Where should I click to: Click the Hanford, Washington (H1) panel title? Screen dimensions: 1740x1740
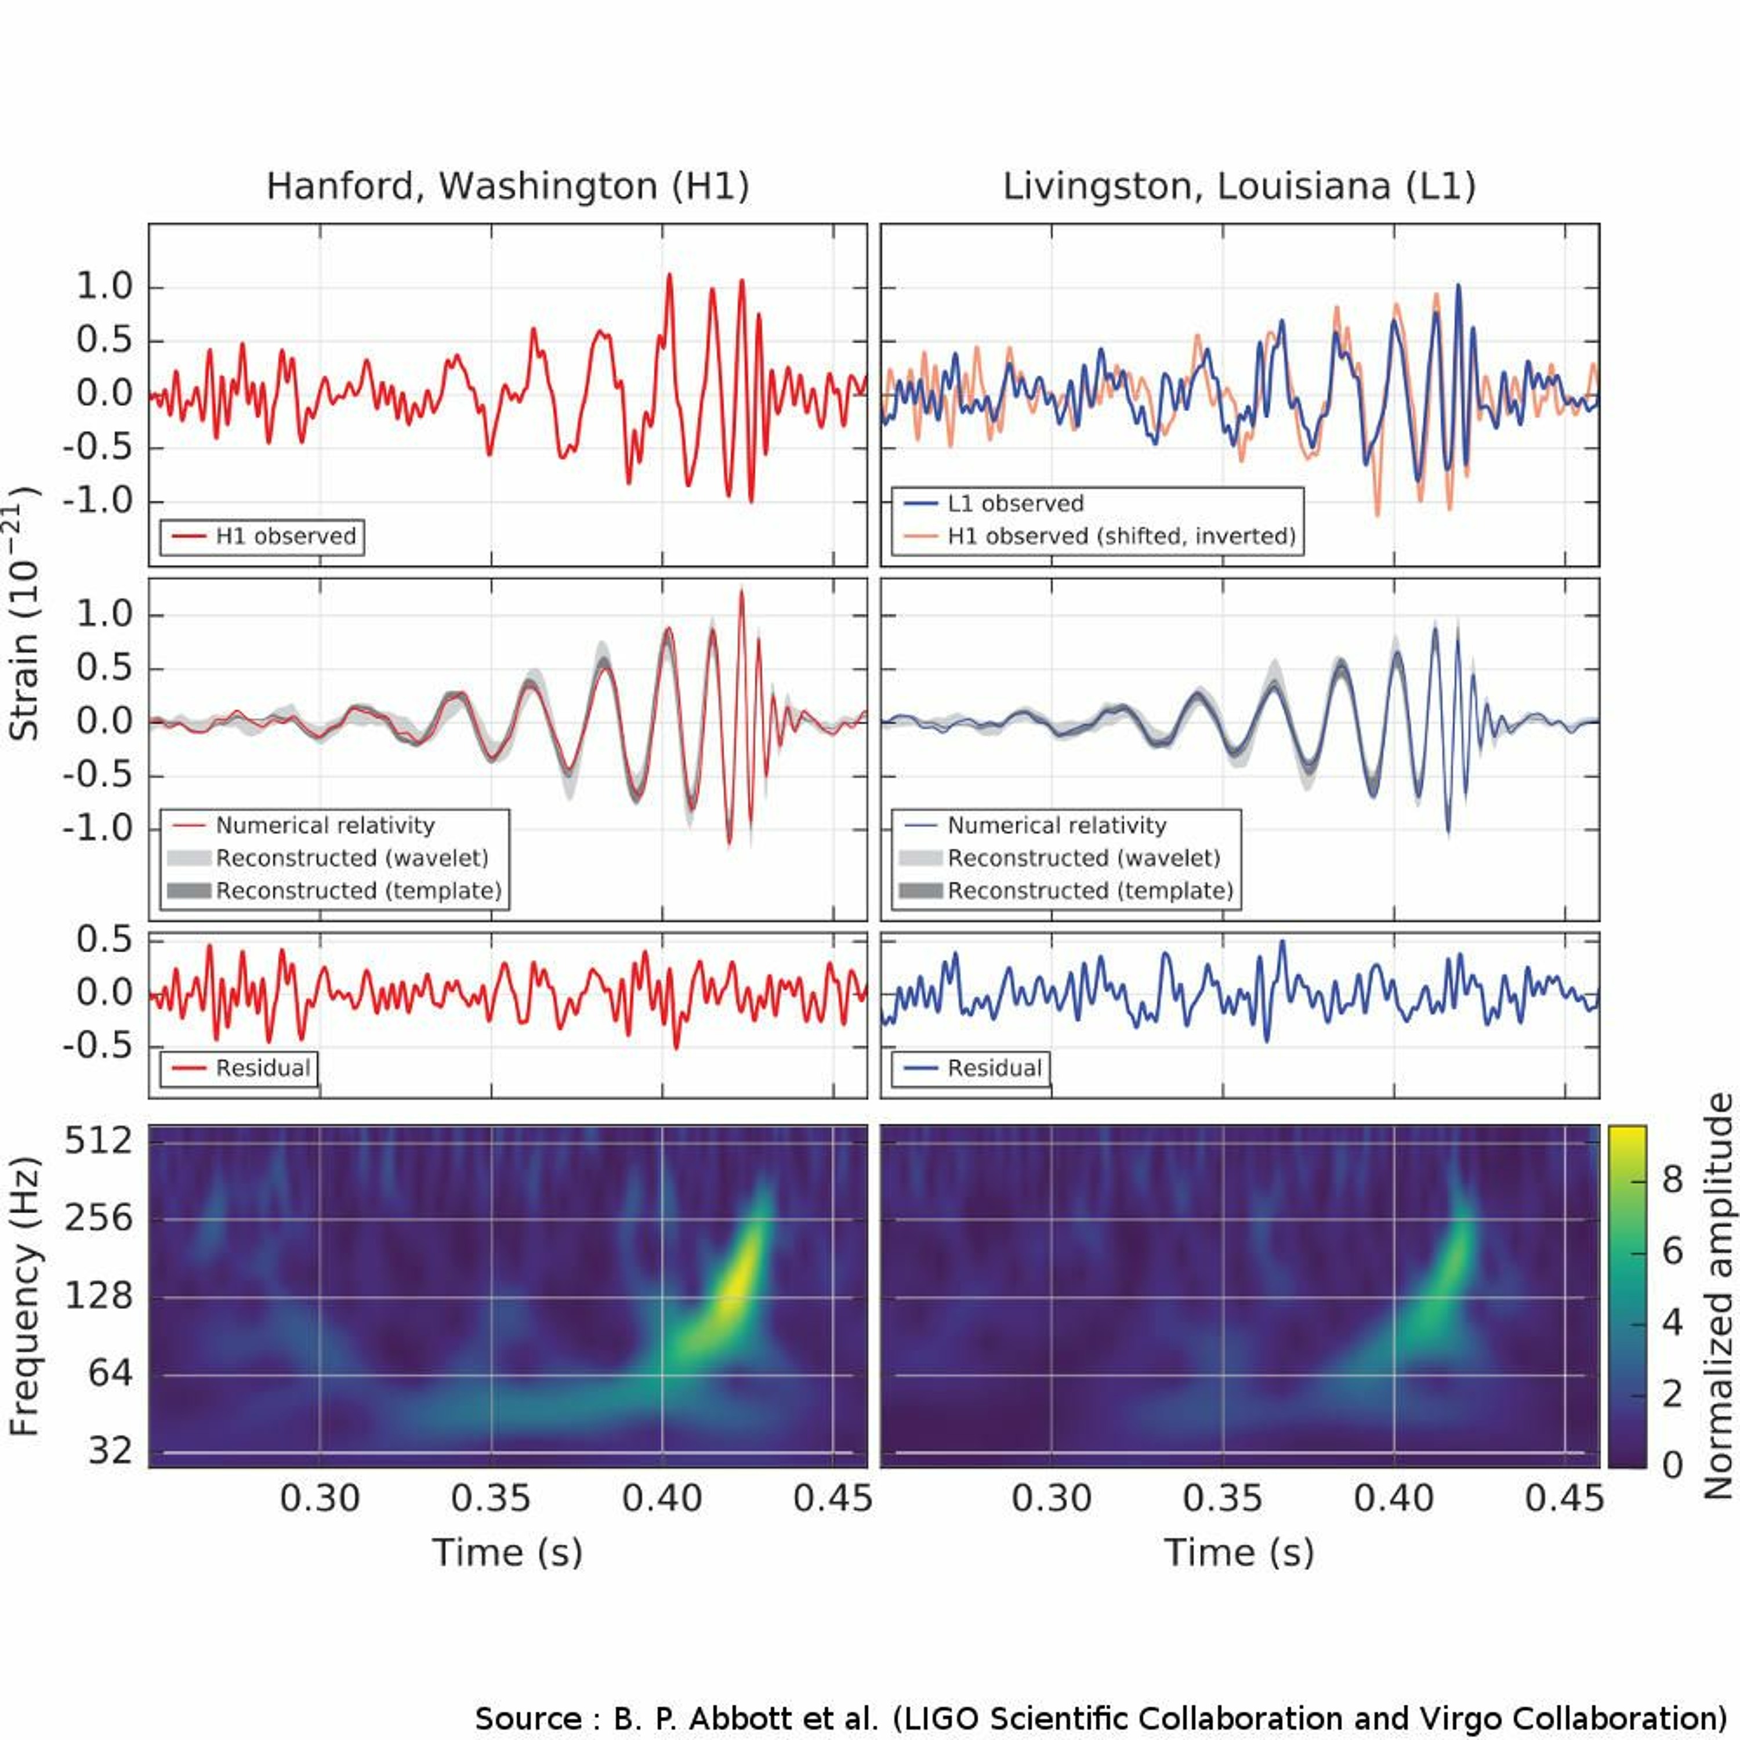pos(507,186)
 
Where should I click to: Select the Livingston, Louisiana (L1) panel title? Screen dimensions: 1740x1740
pos(1239,186)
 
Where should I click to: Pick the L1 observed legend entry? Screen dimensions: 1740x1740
pos(1015,503)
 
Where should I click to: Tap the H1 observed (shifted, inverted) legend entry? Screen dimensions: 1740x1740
pos(1121,536)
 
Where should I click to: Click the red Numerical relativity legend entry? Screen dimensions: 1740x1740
pos(325,826)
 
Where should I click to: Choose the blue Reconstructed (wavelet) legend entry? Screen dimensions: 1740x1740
pos(1083,858)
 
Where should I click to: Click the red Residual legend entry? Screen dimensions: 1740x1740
pos(263,1068)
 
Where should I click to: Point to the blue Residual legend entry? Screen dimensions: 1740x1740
pos(994,1068)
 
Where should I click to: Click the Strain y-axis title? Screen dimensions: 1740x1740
pos(24,612)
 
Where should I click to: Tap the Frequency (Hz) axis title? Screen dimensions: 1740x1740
pos(24,1297)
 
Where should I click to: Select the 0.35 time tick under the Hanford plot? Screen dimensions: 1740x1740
pos(491,1499)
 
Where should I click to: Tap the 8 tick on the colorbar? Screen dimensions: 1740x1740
pos(1673,1179)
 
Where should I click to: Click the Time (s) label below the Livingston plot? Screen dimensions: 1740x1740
pos(1239,1553)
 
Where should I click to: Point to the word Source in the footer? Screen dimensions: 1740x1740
pos(528,1719)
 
